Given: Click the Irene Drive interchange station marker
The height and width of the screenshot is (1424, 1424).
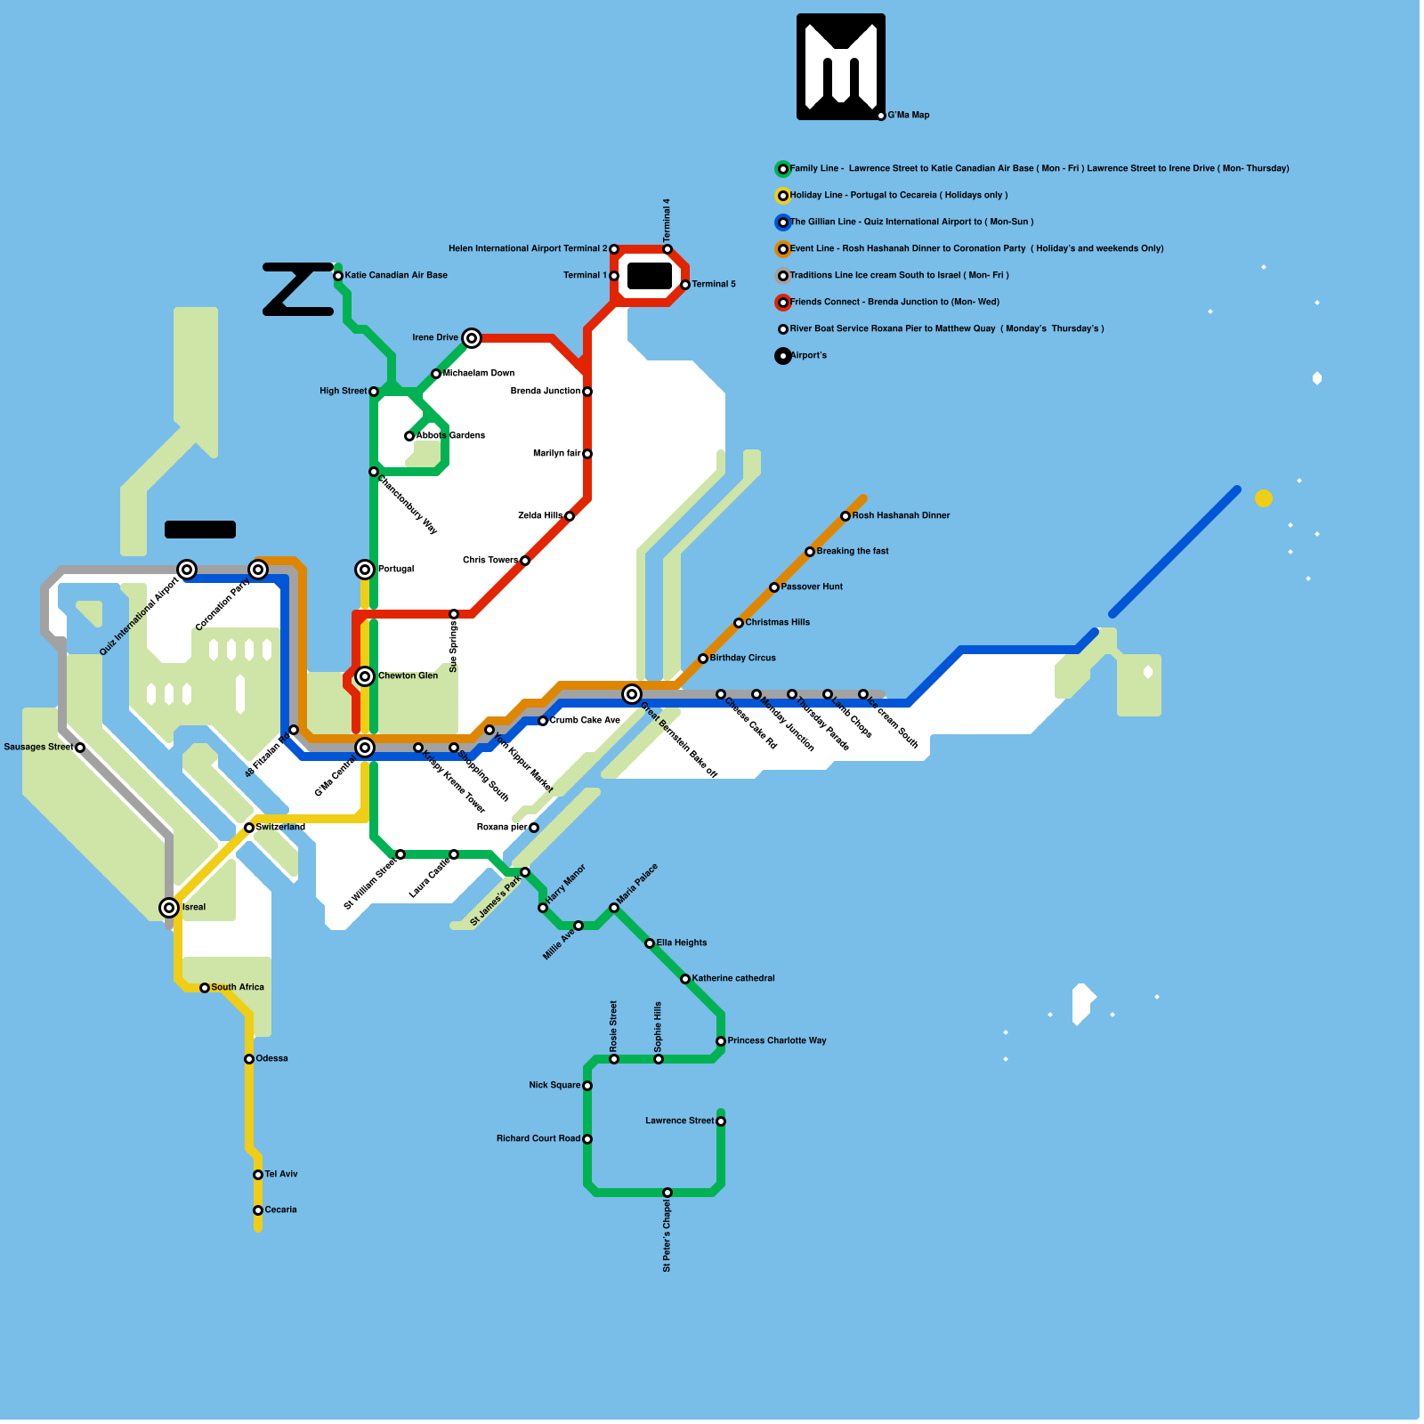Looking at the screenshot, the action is click(472, 338).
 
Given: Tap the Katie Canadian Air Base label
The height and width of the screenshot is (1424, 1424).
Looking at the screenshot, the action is click(396, 275).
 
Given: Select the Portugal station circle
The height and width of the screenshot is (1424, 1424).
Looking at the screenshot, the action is click(365, 570).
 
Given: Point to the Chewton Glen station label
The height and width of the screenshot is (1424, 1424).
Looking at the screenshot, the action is click(408, 676).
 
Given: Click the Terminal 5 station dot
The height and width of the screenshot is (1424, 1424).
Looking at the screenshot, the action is click(685, 285).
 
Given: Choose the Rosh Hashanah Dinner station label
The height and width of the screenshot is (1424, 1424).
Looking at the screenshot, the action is click(901, 515).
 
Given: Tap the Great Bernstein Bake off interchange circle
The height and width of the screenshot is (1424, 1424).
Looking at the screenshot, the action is click(632, 694).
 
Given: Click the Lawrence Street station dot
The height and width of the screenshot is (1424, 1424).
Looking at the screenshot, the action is click(721, 1121).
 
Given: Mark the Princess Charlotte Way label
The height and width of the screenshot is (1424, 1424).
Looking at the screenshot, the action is click(777, 1040).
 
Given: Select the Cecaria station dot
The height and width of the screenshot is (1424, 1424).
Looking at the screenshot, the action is click(258, 1210).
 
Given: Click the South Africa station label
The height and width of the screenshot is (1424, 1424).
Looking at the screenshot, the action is click(238, 987).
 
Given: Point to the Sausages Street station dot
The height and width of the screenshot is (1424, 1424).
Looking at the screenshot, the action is click(80, 748).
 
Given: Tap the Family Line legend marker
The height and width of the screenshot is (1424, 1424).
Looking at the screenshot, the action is click(783, 169).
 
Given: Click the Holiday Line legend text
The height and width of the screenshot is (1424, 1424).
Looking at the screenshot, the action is click(899, 195).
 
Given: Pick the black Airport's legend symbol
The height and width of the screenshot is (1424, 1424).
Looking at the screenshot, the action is click(783, 356).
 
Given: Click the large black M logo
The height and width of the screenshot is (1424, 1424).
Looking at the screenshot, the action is click(841, 67).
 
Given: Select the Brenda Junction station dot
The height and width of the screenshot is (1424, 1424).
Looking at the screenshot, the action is click(587, 392).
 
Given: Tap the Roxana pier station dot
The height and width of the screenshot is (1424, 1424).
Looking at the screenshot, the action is click(534, 828).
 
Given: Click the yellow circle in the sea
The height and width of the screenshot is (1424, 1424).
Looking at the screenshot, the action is click(1264, 498).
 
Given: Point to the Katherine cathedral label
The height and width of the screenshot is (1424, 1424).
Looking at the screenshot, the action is click(733, 978).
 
